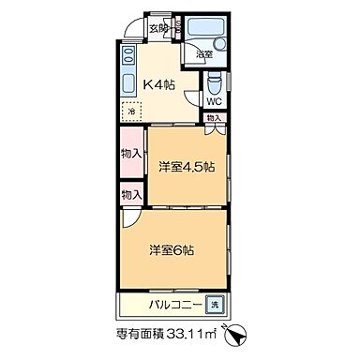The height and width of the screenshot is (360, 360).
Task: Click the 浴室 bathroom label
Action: [x=202, y=55]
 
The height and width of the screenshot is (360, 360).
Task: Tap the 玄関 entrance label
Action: [x=158, y=28]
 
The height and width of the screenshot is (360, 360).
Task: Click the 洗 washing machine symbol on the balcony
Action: [x=215, y=306]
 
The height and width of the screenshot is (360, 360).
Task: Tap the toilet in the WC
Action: [x=214, y=81]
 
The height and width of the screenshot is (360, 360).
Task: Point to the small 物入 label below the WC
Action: [x=214, y=118]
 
